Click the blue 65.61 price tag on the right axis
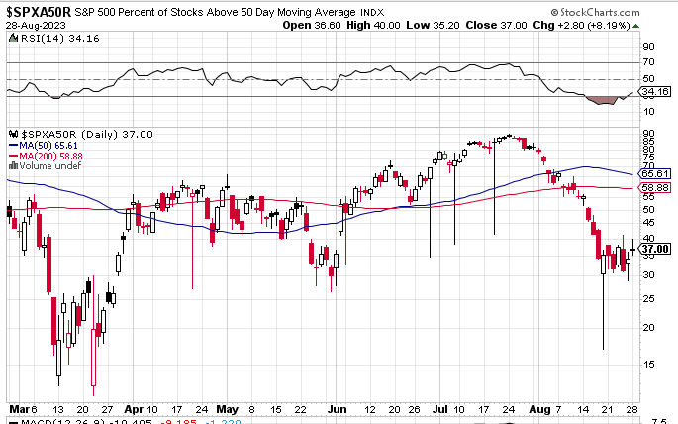coord(656,173)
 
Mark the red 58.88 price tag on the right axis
coord(656,187)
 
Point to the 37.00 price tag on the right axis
coord(656,249)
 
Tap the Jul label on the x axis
coord(439,408)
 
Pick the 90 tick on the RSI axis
coord(648,46)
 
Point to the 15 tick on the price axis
coord(648,363)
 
